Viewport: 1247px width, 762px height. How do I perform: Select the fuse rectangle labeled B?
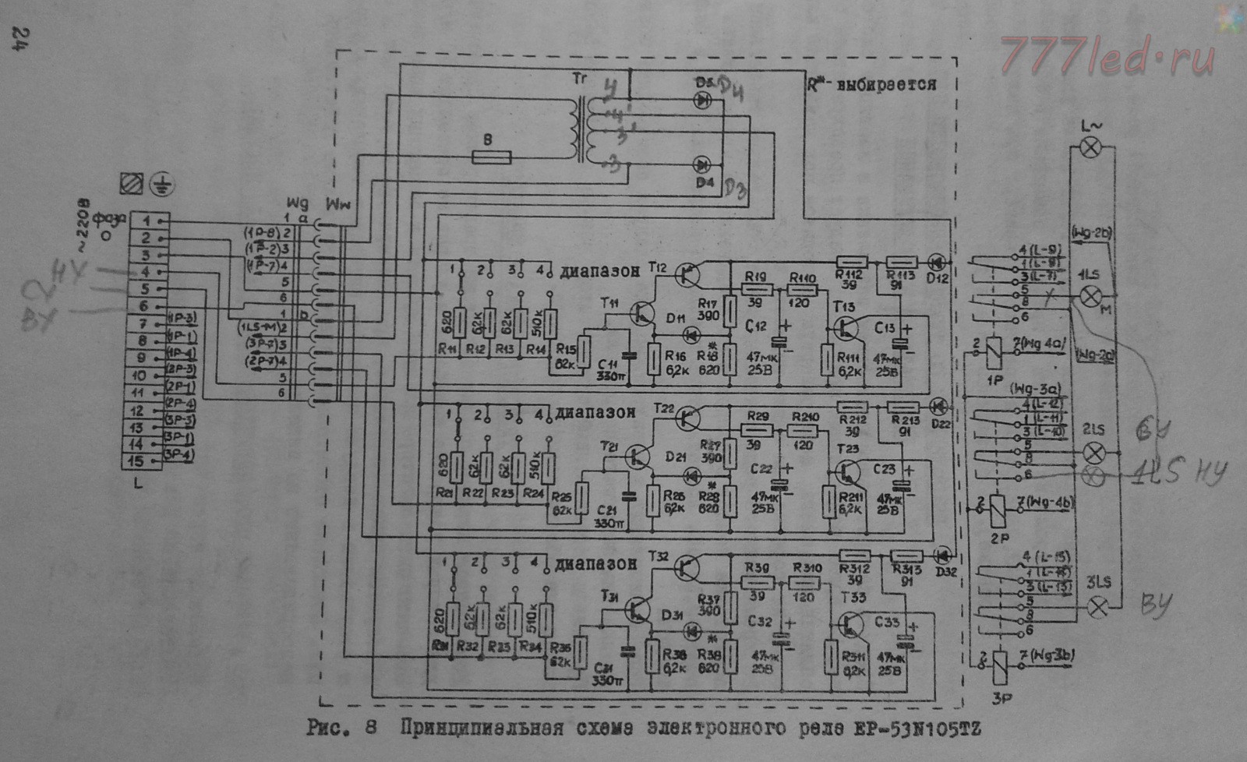492,157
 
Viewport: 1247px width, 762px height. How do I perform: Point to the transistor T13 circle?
846,328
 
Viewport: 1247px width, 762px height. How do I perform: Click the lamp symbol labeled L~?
1091,146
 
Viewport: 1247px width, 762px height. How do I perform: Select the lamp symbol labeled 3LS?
1099,607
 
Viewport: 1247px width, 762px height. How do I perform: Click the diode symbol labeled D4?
702,164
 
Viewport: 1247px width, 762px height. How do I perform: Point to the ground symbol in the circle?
162,185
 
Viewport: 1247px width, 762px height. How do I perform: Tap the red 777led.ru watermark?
1107,55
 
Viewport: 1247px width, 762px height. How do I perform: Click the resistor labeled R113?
903,263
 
